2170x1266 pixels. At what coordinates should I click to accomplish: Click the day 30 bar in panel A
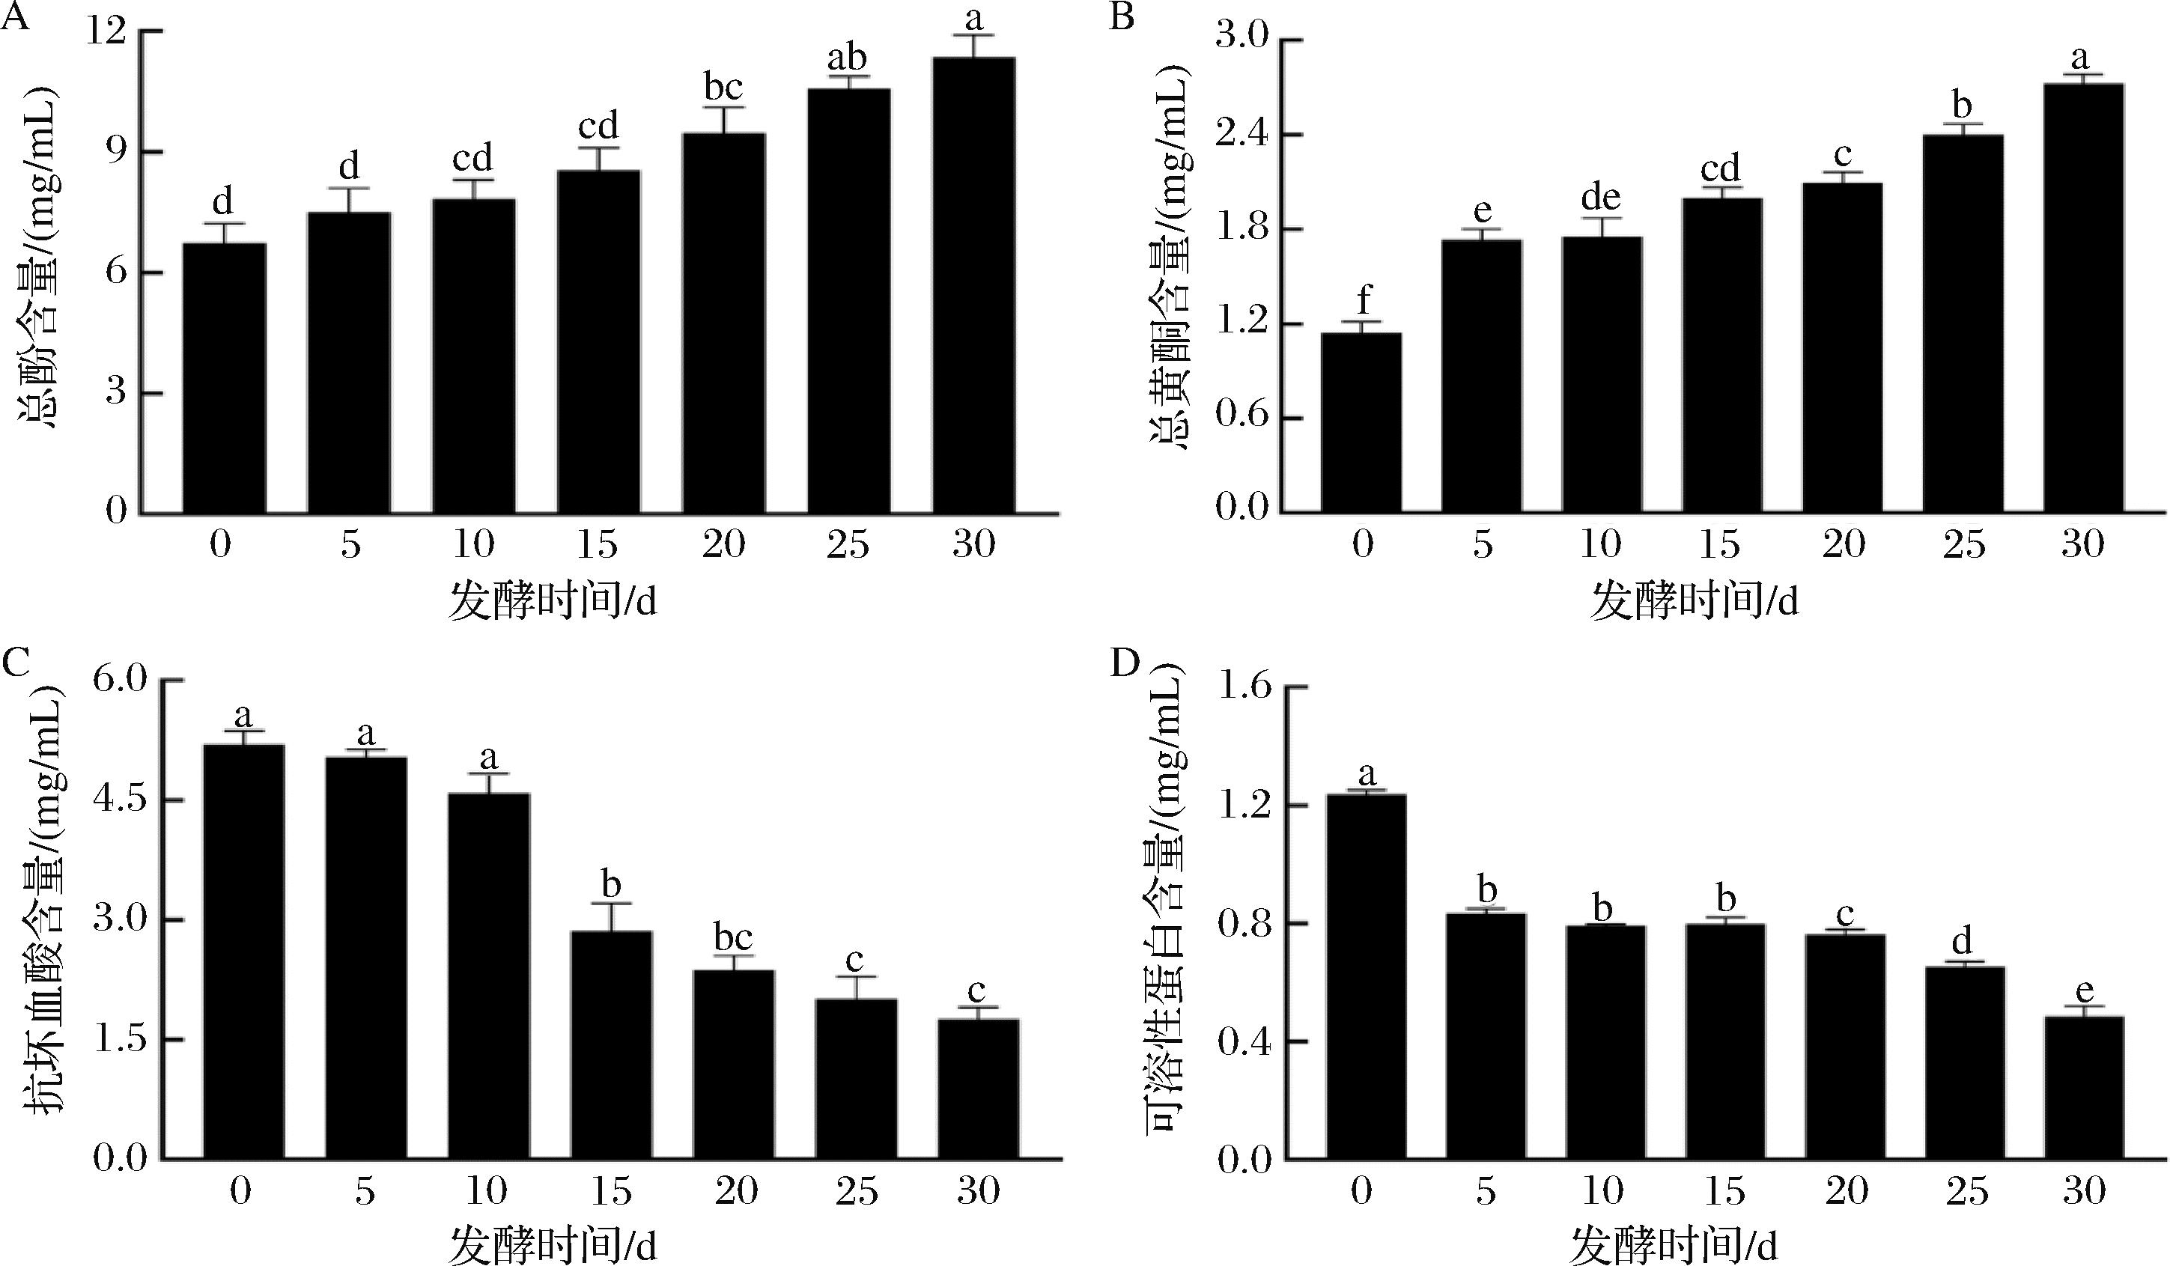tap(973, 284)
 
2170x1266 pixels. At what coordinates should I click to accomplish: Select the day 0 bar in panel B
tap(1361, 422)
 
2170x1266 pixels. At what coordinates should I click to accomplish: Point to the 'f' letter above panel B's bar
tap(1362, 300)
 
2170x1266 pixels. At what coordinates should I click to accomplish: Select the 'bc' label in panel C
tap(733, 937)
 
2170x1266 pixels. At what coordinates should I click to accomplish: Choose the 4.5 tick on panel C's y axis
tap(121, 800)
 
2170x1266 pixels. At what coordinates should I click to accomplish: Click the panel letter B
tap(1121, 17)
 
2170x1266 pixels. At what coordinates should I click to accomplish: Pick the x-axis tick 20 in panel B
tap(1843, 544)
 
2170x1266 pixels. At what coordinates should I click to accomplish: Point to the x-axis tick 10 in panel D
tap(1603, 1191)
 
